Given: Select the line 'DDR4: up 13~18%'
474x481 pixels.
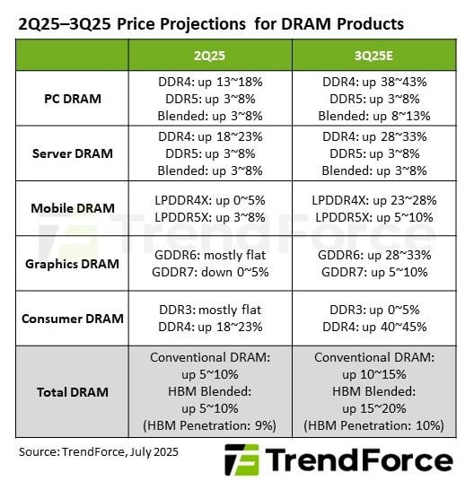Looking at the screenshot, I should click(x=210, y=82).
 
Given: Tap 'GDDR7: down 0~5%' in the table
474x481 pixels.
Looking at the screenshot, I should click(x=210, y=272).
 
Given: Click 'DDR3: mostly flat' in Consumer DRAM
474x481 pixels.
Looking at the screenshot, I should click(x=210, y=310).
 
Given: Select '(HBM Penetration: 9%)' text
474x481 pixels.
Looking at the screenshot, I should click(x=210, y=424).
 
